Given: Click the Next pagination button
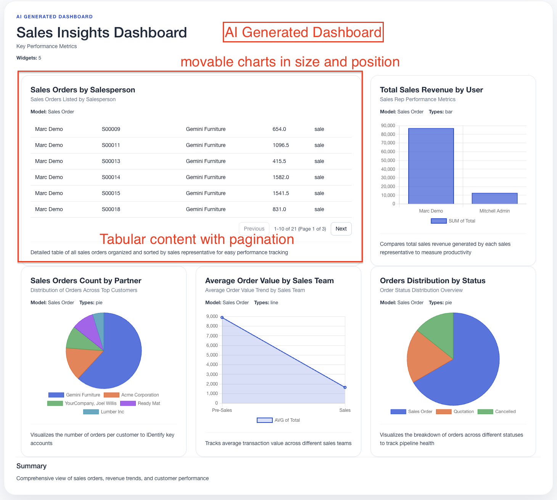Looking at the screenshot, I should coord(341,229).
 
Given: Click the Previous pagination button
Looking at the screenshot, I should coord(254,229).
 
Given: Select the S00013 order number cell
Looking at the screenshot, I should coord(111,161).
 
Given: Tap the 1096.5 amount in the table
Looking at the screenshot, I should coord(281,145).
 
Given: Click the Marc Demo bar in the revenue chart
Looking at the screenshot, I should coord(431,166).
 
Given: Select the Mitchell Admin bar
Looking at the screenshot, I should coord(494,198).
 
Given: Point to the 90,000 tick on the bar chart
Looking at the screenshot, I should coord(388,126).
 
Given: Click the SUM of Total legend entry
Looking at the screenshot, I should coord(453,221).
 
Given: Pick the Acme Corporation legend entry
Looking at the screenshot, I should coord(132,395).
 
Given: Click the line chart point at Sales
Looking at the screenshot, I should coord(345,387).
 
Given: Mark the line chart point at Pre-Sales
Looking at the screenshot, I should coord(222,318).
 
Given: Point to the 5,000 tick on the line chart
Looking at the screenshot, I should coord(212,355).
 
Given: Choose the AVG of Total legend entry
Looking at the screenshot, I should coord(278,420).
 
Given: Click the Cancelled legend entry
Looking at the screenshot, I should coord(497,412).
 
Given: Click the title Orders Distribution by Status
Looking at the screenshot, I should coord(433,281).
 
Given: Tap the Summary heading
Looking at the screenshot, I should coord(31,466).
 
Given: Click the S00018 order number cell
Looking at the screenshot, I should coord(111,209).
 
